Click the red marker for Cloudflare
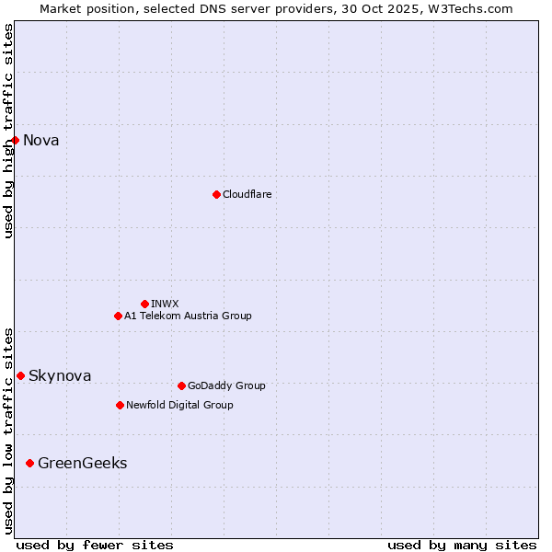216,194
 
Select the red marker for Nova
16,140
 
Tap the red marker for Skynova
20,375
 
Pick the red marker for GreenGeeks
29,463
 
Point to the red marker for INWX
144,304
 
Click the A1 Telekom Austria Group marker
118,316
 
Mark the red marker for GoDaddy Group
181,385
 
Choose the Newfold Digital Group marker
120,405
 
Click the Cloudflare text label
247,194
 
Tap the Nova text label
41,141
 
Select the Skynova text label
60,375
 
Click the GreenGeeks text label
82,464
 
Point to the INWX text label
165,304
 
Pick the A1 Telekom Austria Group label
188,316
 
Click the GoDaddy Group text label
226,385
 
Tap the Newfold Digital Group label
179,405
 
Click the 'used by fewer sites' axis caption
95,545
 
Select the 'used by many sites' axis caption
462,545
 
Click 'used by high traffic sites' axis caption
8,131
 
